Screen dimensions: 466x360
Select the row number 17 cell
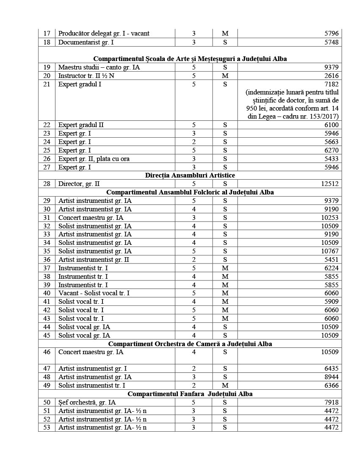[47, 33]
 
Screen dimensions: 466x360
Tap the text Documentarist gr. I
[86, 42]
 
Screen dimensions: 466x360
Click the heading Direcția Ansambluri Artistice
[190, 175]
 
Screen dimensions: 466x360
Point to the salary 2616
[331, 76]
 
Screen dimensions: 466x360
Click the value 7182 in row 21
[331, 84]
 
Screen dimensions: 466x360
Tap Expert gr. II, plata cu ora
[94, 158]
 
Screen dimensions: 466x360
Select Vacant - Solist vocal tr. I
[94, 293]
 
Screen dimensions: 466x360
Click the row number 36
[47, 259]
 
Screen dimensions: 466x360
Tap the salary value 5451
[331, 259]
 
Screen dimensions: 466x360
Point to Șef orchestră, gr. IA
[87, 402]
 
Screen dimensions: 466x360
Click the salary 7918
[331, 402]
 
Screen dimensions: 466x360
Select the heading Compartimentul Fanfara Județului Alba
[190, 394]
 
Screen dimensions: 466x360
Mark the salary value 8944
[331, 377]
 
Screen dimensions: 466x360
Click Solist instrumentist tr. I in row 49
[92, 385]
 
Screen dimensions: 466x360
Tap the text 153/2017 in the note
[324, 116]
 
